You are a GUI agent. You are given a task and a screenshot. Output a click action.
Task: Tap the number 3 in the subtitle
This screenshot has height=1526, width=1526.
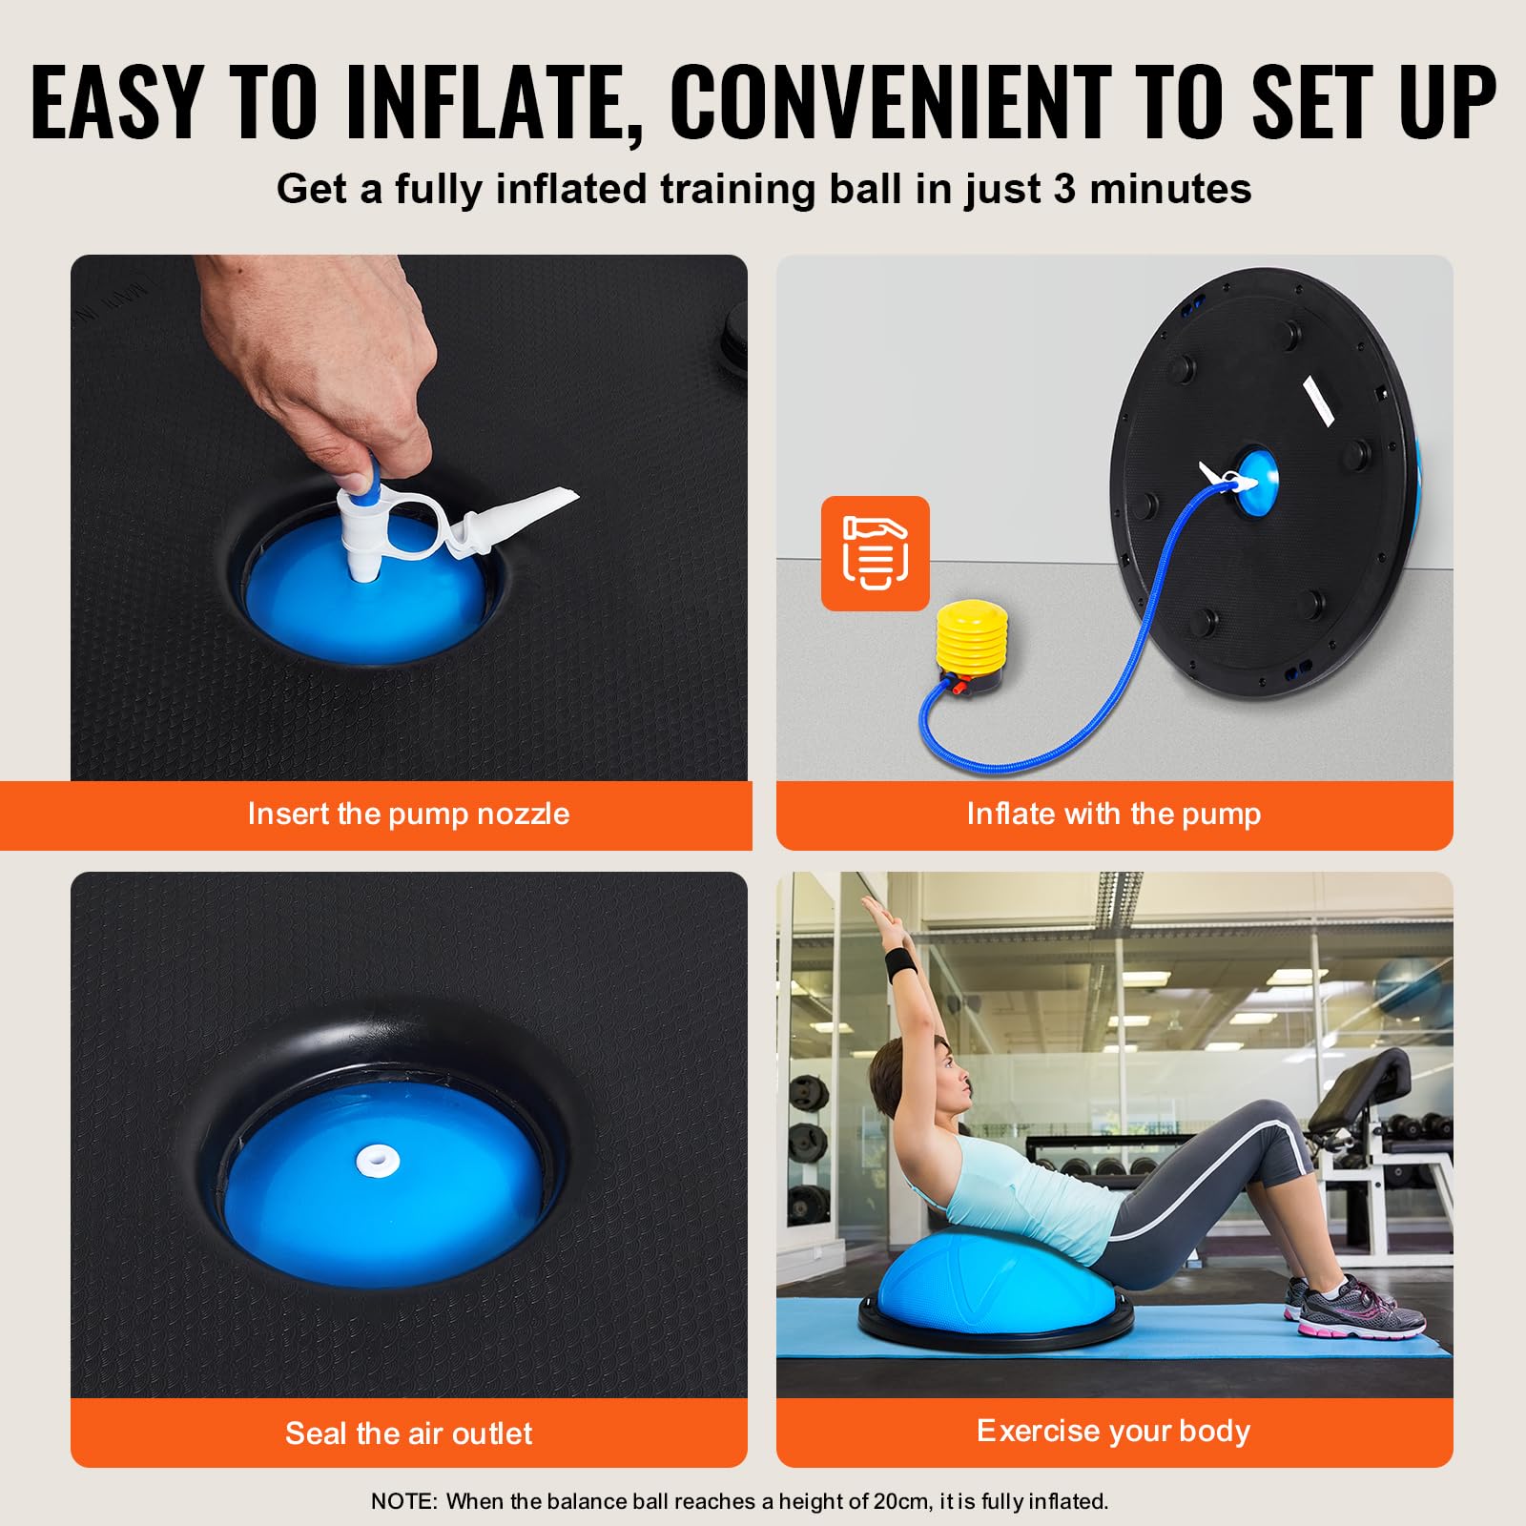[x=1064, y=189]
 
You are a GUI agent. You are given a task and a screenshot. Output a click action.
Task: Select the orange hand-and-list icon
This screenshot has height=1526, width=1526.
[x=875, y=553]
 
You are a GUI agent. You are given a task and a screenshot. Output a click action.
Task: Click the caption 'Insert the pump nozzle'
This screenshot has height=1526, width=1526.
[x=408, y=814]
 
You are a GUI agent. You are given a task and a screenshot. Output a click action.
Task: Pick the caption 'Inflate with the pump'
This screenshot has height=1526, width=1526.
[x=1113, y=814]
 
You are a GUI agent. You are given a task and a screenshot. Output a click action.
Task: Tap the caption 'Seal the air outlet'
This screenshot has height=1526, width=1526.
[x=408, y=1433]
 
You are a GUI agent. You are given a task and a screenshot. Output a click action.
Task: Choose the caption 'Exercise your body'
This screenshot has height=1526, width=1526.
[x=1113, y=1431]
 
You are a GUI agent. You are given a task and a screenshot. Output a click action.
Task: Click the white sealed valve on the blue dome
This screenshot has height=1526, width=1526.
[x=378, y=1161]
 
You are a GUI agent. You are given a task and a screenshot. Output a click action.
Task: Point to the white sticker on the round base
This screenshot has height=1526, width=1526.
[x=1319, y=401]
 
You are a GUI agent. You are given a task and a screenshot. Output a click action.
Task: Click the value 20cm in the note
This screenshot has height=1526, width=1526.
[x=901, y=1501]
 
